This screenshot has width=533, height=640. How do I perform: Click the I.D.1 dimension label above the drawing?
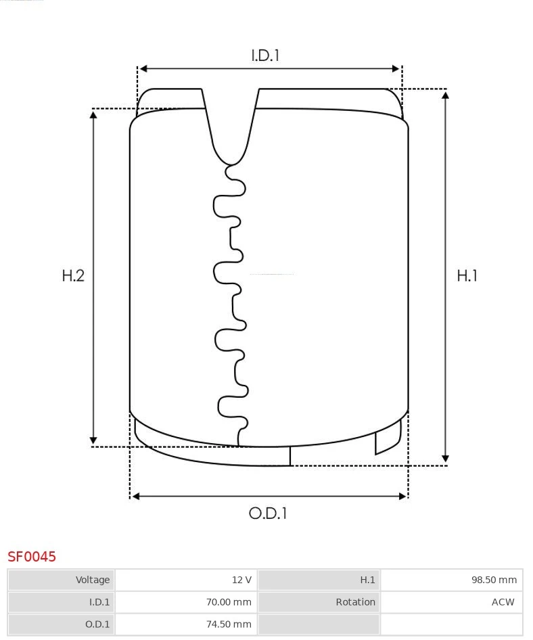point(265,55)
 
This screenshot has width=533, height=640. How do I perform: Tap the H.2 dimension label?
point(73,276)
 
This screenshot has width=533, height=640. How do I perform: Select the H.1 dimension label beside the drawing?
point(467,276)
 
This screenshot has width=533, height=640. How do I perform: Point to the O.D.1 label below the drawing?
point(268,513)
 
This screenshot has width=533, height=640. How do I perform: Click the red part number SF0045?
point(32,556)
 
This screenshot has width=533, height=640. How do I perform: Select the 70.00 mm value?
point(229,602)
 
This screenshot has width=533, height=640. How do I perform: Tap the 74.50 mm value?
point(229,624)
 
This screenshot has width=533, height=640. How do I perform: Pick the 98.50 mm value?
point(494,580)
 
